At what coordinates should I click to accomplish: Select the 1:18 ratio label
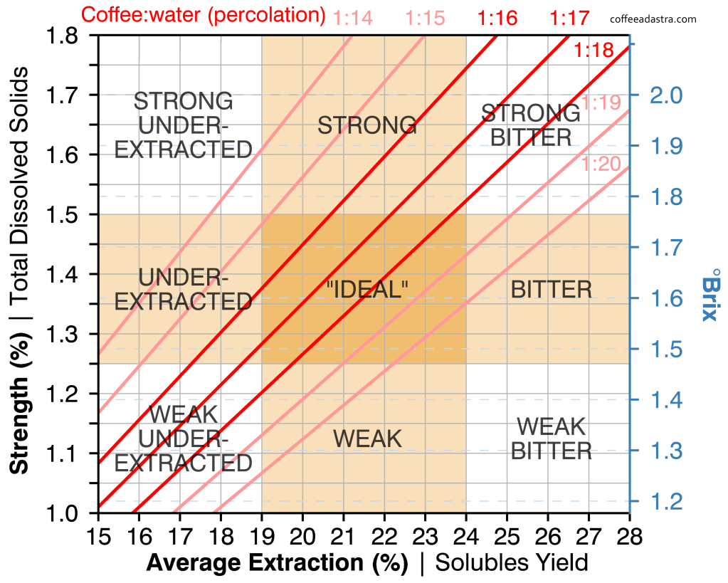[594, 50]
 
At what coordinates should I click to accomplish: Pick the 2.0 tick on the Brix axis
[665, 95]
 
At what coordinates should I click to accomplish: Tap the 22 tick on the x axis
[384, 534]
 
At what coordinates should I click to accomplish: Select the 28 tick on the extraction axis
[628, 534]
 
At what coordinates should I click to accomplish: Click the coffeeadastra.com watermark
[653, 19]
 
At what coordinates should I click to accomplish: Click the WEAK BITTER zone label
[552, 438]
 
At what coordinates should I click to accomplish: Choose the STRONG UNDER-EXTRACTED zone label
[184, 125]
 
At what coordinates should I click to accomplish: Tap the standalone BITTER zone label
[552, 289]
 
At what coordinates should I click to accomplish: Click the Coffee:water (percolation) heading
[203, 14]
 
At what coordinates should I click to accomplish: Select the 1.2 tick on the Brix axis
[665, 501]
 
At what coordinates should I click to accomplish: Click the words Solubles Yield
[512, 562]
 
